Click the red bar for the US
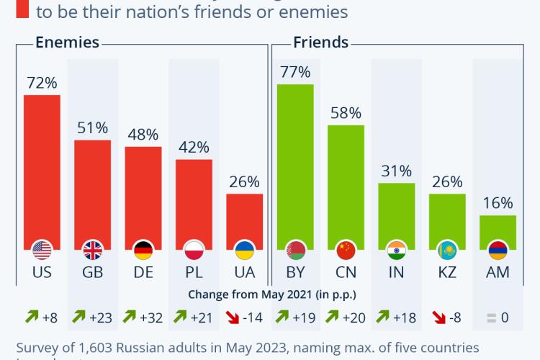[42, 169]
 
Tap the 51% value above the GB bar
[93, 128]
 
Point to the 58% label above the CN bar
[346, 113]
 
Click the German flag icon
[143, 251]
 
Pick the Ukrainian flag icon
[245, 251]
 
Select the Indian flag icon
[397, 251]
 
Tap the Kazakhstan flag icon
[447, 251]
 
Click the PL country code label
[194, 273]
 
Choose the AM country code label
[498, 273]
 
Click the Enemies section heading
[67, 42]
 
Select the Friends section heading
[320, 42]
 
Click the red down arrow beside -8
[436, 315]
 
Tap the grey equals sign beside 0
[492, 315]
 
